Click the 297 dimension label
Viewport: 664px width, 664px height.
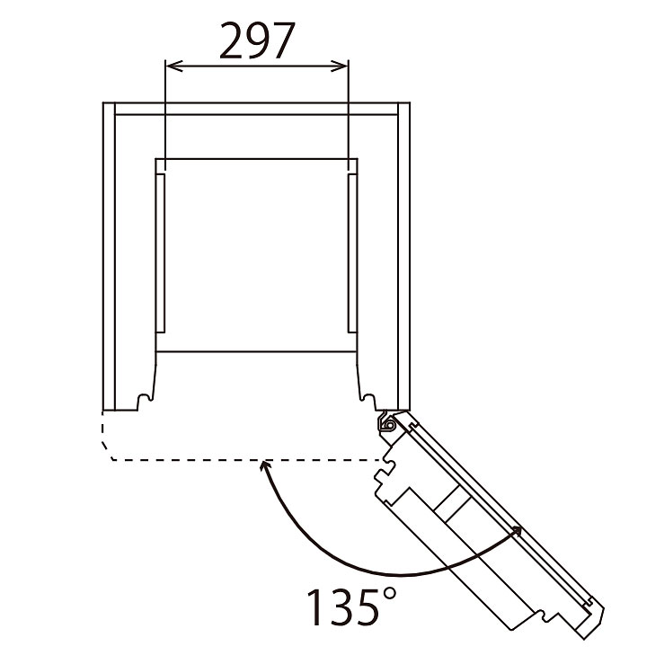click(x=257, y=41)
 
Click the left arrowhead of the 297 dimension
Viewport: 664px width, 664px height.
click(x=173, y=66)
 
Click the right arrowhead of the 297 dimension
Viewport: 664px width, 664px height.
click(x=340, y=66)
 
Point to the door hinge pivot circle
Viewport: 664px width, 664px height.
click(x=389, y=425)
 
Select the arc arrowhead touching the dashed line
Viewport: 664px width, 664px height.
click(x=266, y=466)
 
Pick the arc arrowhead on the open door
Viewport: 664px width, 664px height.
click(x=516, y=531)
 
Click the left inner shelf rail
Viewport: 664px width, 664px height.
click(x=161, y=253)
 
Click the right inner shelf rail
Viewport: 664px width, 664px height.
click(x=352, y=253)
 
